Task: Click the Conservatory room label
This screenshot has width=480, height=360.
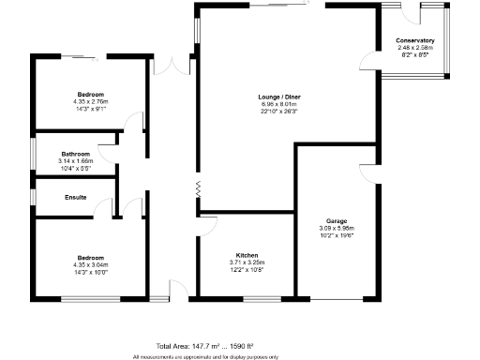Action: (x=415, y=40)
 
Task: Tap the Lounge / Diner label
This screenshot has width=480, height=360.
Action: (x=279, y=96)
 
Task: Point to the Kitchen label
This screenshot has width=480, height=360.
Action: (x=247, y=256)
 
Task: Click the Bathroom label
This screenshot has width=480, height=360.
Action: (x=75, y=154)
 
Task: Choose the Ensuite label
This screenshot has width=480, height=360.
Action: (x=76, y=197)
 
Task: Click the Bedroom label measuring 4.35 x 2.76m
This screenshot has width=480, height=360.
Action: (x=90, y=95)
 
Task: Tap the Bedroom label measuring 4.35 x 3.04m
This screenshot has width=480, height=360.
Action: (x=90, y=257)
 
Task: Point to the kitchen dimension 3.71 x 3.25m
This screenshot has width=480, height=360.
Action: (x=247, y=263)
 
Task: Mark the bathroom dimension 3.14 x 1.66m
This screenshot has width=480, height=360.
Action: (x=75, y=161)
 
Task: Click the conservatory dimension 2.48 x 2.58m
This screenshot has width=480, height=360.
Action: (x=415, y=48)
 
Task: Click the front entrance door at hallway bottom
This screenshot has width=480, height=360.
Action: (x=170, y=289)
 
